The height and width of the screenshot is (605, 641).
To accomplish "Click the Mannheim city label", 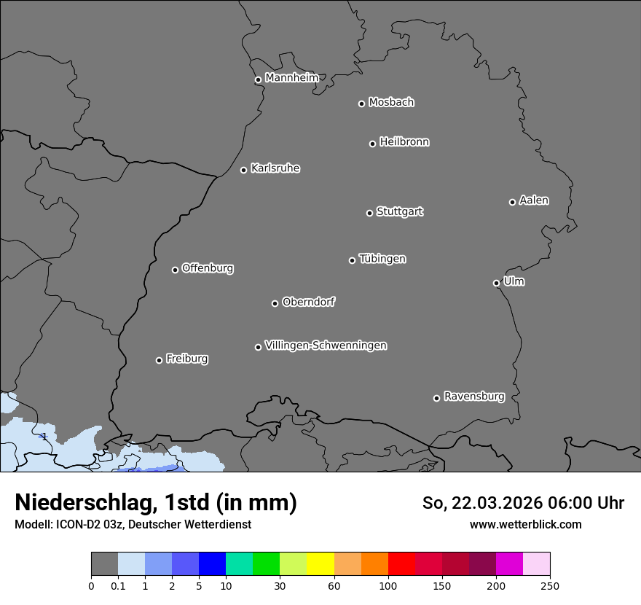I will (x=291, y=78).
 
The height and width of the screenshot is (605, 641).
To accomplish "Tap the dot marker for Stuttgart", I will (x=369, y=213).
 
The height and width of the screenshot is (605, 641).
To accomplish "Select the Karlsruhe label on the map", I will (x=275, y=168).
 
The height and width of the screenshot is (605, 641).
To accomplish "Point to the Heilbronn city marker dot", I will (x=372, y=144).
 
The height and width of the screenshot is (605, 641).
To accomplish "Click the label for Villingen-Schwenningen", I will (x=326, y=346).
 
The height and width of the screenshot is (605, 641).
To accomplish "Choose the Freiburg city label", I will (x=186, y=359).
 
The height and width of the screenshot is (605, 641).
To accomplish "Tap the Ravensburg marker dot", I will (x=436, y=398).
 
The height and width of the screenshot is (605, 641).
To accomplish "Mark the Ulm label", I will (x=514, y=281).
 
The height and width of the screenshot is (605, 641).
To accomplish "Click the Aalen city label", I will (x=534, y=200).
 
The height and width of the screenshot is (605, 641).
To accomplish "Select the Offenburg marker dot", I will (x=175, y=270).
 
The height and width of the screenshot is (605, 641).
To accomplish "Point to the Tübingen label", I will (x=382, y=259).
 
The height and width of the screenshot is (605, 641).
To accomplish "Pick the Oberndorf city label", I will (x=308, y=302).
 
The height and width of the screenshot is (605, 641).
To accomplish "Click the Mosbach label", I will (x=391, y=103).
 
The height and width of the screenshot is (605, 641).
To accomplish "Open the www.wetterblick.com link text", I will (x=525, y=524).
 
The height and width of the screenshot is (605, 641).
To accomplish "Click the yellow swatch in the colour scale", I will (x=320, y=564).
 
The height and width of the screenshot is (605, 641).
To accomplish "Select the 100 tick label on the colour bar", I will (x=388, y=585).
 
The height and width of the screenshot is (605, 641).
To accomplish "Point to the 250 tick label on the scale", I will (x=549, y=585).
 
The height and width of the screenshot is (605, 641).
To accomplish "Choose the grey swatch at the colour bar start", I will (x=104, y=564).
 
